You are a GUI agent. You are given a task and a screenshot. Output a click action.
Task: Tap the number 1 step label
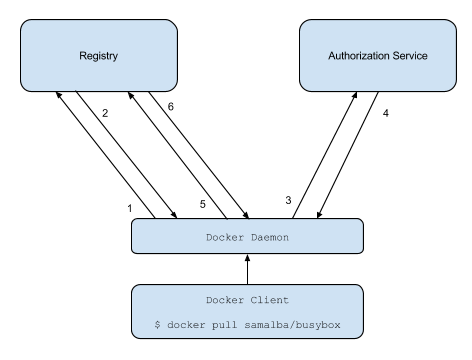[x=128, y=207]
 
